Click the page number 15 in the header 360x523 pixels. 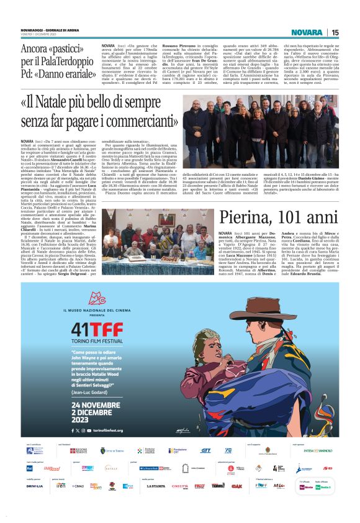[x=335, y=32]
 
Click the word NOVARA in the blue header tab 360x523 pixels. [x=307, y=32]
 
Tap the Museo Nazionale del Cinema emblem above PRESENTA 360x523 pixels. [x=95, y=298]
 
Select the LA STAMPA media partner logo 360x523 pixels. [x=156, y=486]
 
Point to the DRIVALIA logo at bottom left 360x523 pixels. [x=35, y=486]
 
